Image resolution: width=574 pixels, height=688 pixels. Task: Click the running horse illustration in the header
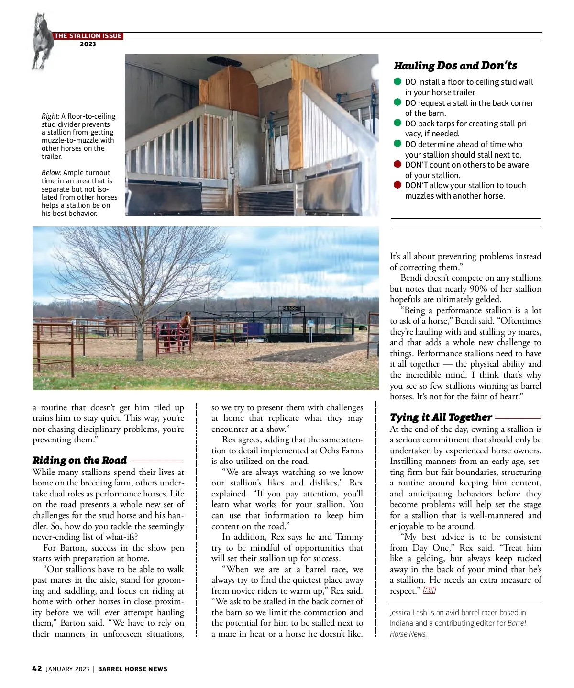(x=42, y=41)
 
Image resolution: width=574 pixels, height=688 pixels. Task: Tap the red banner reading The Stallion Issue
(x=88, y=36)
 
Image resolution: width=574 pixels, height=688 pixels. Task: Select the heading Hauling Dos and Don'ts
(x=455, y=66)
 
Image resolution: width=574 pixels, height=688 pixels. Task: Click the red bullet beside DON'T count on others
(x=397, y=164)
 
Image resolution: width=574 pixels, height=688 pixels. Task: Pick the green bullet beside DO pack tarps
(x=397, y=123)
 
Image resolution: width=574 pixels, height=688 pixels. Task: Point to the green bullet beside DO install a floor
(x=397, y=81)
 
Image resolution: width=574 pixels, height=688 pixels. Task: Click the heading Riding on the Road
(x=79, y=461)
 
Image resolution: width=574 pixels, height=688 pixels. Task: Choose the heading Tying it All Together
(x=441, y=417)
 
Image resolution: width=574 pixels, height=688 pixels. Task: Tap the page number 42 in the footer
(x=37, y=669)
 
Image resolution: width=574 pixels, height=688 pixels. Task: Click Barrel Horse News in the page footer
(x=132, y=669)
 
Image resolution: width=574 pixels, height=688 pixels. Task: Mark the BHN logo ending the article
(x=430, y=591)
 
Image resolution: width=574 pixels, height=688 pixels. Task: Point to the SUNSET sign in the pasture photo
(x=291, y=308)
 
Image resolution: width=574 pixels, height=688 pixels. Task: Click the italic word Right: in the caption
(x=50, y=116)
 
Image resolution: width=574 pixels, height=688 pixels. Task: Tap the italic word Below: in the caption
(x=51, y=173)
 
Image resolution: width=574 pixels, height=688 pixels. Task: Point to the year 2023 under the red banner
(x=88, y=45)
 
